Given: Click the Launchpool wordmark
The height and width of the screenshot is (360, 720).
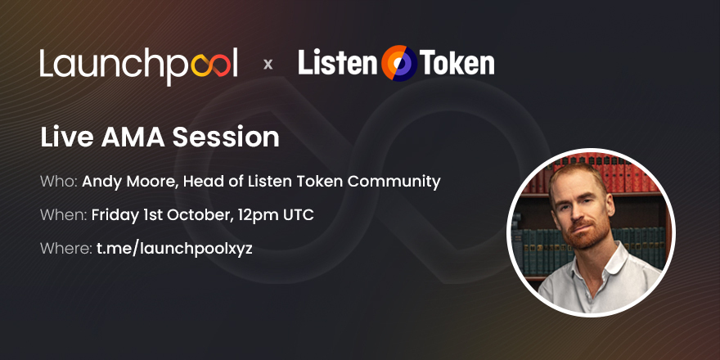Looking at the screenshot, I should pyautogui.click(x=138, y=64).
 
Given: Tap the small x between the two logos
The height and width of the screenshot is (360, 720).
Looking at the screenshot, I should pyautogui.click(x=268, y=64).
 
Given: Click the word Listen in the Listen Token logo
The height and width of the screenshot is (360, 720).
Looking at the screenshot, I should pyautogui.click(x=335, y=63).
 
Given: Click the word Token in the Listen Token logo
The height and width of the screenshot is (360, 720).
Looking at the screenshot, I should pyautogui.click(x=457, y=63).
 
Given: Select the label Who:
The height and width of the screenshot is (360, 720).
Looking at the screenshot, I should pyautogui.click(x=58, y=182).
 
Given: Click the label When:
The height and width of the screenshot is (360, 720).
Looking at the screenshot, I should pyautogui.click(x=63, y=215).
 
